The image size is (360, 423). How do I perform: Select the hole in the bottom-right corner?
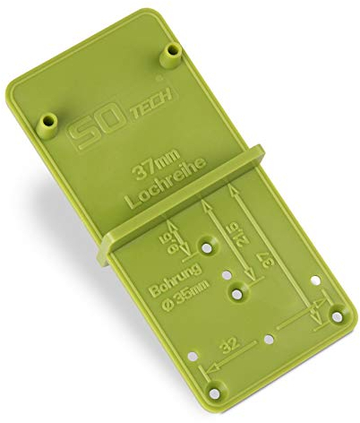(x=338, y=313)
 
